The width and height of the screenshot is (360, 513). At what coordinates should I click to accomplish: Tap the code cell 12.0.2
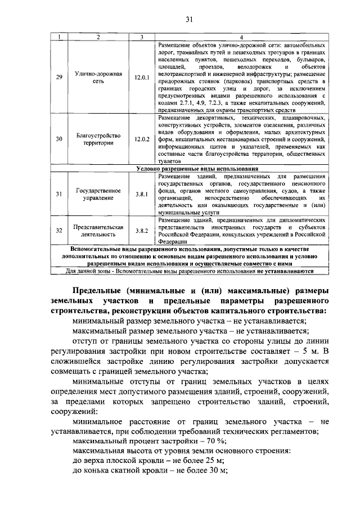[x=141, y=139]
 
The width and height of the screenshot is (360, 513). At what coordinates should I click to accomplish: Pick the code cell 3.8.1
[x=141, y=194]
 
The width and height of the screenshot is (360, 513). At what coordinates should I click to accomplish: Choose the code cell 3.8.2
[x=141, y=231]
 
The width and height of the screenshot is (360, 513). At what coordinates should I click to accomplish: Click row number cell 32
[x=59, y=231]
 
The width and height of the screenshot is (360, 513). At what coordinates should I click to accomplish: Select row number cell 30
[x=59, y=139]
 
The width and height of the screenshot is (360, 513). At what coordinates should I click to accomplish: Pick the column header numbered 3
[x=141, y=37]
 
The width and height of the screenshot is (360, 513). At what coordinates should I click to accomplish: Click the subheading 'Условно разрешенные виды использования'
[x=197, y=168]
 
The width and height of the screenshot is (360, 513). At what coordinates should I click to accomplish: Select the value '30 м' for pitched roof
[x=216, y=471]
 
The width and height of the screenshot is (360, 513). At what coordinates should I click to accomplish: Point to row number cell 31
[x=59, y=194]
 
